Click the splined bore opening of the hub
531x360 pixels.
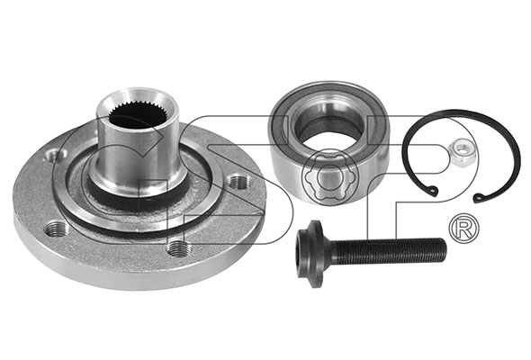click(138, 115)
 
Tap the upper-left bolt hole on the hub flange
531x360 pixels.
click(55, 156)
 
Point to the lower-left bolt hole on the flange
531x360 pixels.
click(58, 229)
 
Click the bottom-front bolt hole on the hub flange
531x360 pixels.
click(179, 248)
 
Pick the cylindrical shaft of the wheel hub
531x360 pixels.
click(137, 146)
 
